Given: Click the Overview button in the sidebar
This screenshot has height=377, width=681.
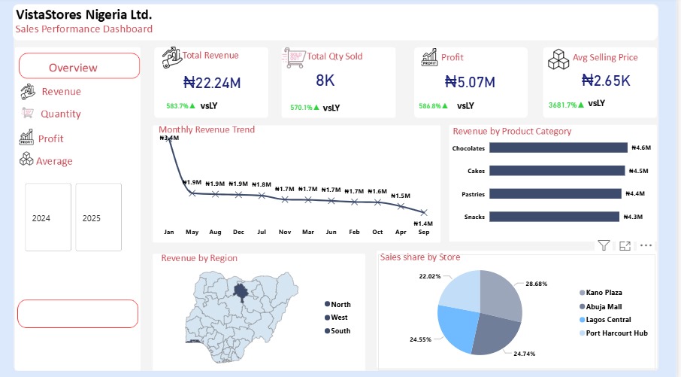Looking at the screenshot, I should tap(79, 66).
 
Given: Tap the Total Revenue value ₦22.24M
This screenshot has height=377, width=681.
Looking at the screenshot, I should tap(211, 81).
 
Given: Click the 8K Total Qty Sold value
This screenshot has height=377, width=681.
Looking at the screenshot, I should tap(325, 80).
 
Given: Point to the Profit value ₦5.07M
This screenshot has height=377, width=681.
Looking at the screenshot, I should tap(470, 81).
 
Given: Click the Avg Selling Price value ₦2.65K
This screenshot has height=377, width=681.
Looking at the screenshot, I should tap(606, 81).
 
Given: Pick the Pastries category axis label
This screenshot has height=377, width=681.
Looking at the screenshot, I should tap(469, 194).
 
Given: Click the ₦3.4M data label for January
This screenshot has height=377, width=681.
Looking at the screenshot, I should tap(169, 138).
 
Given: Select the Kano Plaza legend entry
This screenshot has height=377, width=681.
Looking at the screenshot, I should tap(604, 292).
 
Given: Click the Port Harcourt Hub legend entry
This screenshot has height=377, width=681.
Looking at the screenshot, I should tap(616, 333).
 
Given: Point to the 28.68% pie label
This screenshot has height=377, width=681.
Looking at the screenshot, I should tap(537, 284).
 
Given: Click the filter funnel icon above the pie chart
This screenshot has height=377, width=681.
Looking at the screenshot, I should tap(603, 245).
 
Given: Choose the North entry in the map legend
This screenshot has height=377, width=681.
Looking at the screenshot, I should tap(340, 304).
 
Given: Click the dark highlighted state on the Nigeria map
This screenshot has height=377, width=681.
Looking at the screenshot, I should tap(244, 290).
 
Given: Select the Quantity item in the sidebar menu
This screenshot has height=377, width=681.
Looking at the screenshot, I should tap(60, 114).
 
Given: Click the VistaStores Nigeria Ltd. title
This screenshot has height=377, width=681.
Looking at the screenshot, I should tap(83, 15).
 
